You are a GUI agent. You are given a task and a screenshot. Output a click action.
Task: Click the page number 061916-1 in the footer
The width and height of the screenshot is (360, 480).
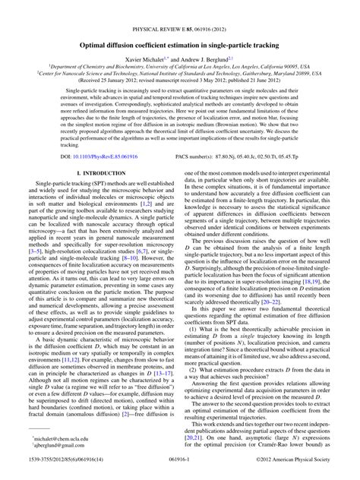pos(180,471)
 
